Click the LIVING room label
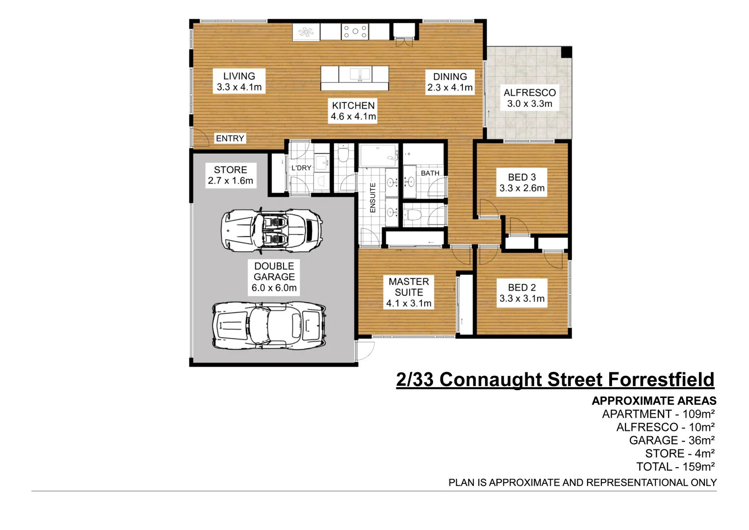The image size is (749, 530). [x=239, y=81]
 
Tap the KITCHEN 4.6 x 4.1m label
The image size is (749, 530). [x=353, y=111]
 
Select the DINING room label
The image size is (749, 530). [x=450, y=82]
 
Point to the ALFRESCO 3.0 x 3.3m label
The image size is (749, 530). [x=529, y=98]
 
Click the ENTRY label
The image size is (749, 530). [x=230, y=138]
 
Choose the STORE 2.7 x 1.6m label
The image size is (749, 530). [x=231, y=175]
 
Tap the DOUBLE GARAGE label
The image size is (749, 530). [x=274, y=277]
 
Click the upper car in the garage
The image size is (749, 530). [x=272, y=230]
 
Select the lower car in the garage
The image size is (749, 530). [x=269, y=325]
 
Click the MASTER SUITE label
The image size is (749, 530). [x=409, y=292]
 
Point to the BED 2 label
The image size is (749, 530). [x=522, y=293]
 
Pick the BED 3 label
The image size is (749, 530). [x=522, y=183]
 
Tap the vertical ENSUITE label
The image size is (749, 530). [x=373, y=198]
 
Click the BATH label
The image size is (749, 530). [x=430, y=173]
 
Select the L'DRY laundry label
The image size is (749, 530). [x=301, y=168]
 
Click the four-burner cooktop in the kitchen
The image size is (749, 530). [x=355, y=32]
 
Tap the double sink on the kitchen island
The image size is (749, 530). [x=360, y=75]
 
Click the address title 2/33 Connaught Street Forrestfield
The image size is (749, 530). [x=555, y=380]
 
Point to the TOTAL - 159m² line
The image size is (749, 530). [x=675, y=467]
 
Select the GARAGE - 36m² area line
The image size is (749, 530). [x=672, y=440]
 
